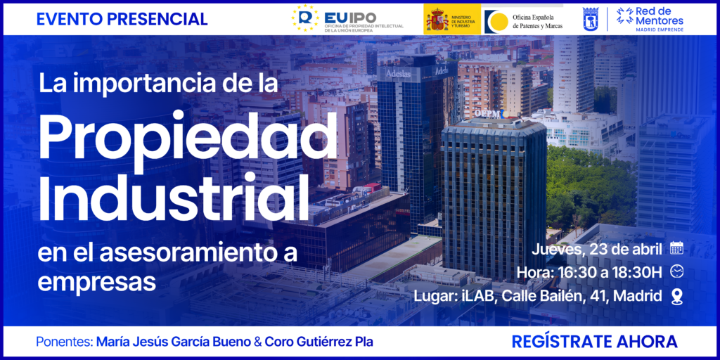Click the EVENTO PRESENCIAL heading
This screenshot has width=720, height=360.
coord(122,19)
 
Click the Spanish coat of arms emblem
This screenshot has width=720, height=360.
coord(436,19)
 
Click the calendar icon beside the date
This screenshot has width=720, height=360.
coord(676,247)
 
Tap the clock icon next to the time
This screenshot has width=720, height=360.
coord(676,271)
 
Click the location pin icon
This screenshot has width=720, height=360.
coord(676,296)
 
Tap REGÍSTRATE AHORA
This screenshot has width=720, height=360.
coord(594,342)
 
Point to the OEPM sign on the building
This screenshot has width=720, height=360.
coord(487,112)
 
